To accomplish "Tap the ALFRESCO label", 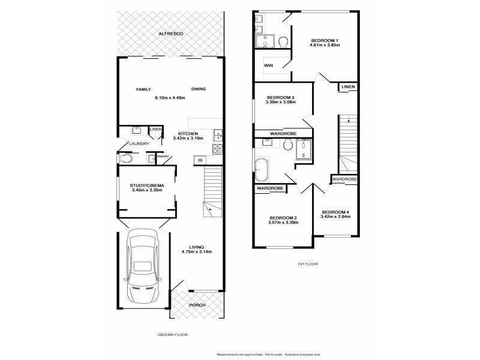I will [170, 34].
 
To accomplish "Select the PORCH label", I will [197, 305].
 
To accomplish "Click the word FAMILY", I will [143, 89].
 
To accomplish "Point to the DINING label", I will [199, 89].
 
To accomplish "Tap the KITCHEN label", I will [188, 133].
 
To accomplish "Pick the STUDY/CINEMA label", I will [147, 186].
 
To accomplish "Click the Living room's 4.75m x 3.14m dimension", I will [197, 253].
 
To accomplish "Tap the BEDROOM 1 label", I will [325, 40].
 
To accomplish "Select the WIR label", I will [268, 67].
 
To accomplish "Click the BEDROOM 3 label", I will [280, 97].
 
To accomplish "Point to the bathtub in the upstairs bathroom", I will [262, 170].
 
